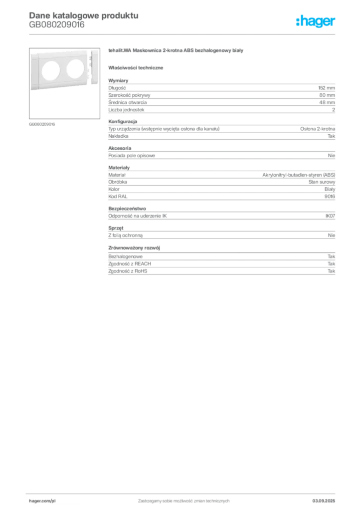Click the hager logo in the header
point(316,21)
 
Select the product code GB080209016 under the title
point(57,25)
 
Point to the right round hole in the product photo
point(75,69)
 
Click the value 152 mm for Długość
point(327,88)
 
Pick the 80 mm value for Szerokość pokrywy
point(327,95)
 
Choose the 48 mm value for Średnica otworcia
point(327,102)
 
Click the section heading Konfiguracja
point(123,122)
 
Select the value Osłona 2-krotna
point(318,129)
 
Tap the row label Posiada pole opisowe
point(132,156)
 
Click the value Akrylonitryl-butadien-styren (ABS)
point(299,175)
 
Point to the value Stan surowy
point(322,182)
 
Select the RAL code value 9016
point(330,197)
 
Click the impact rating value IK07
point(330,216)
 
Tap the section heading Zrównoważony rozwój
point(134,248)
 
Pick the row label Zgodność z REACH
point(130,263)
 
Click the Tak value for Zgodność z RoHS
point(332,271)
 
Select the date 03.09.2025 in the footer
point(324,501)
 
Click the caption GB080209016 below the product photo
point(42,124)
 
